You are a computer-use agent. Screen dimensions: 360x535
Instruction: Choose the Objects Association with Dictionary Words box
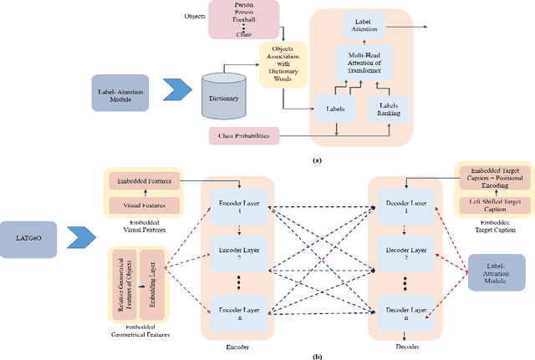(x=283, y=58)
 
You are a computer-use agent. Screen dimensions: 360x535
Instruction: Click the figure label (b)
(x=317, y=354)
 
